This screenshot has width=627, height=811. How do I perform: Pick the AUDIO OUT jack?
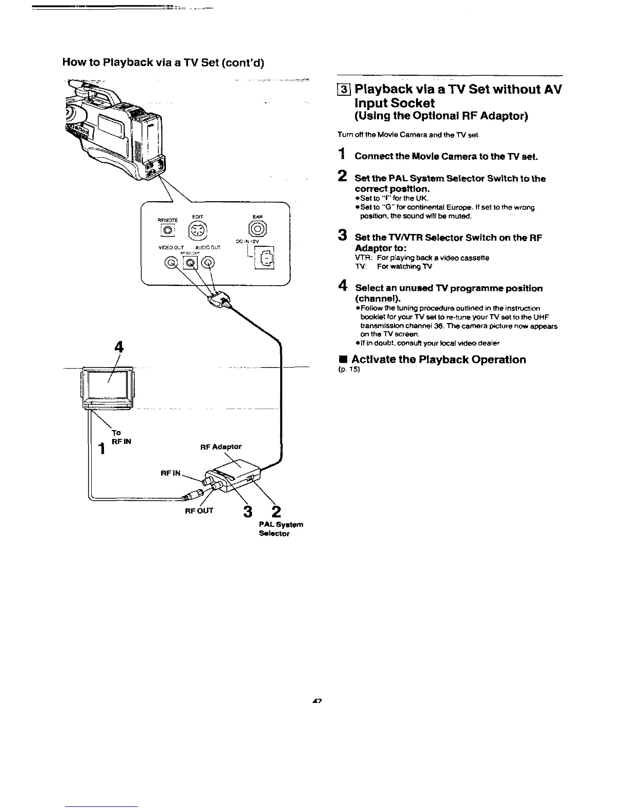coord(208,263)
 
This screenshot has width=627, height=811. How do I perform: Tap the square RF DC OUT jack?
coord(190,263)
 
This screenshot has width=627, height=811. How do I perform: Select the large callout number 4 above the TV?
coord(119,347)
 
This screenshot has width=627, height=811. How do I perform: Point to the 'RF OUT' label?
coord(199,510)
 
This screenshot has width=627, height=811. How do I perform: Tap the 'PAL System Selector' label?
coord(281,529)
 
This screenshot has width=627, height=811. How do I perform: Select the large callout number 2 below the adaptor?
coord(276,511)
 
